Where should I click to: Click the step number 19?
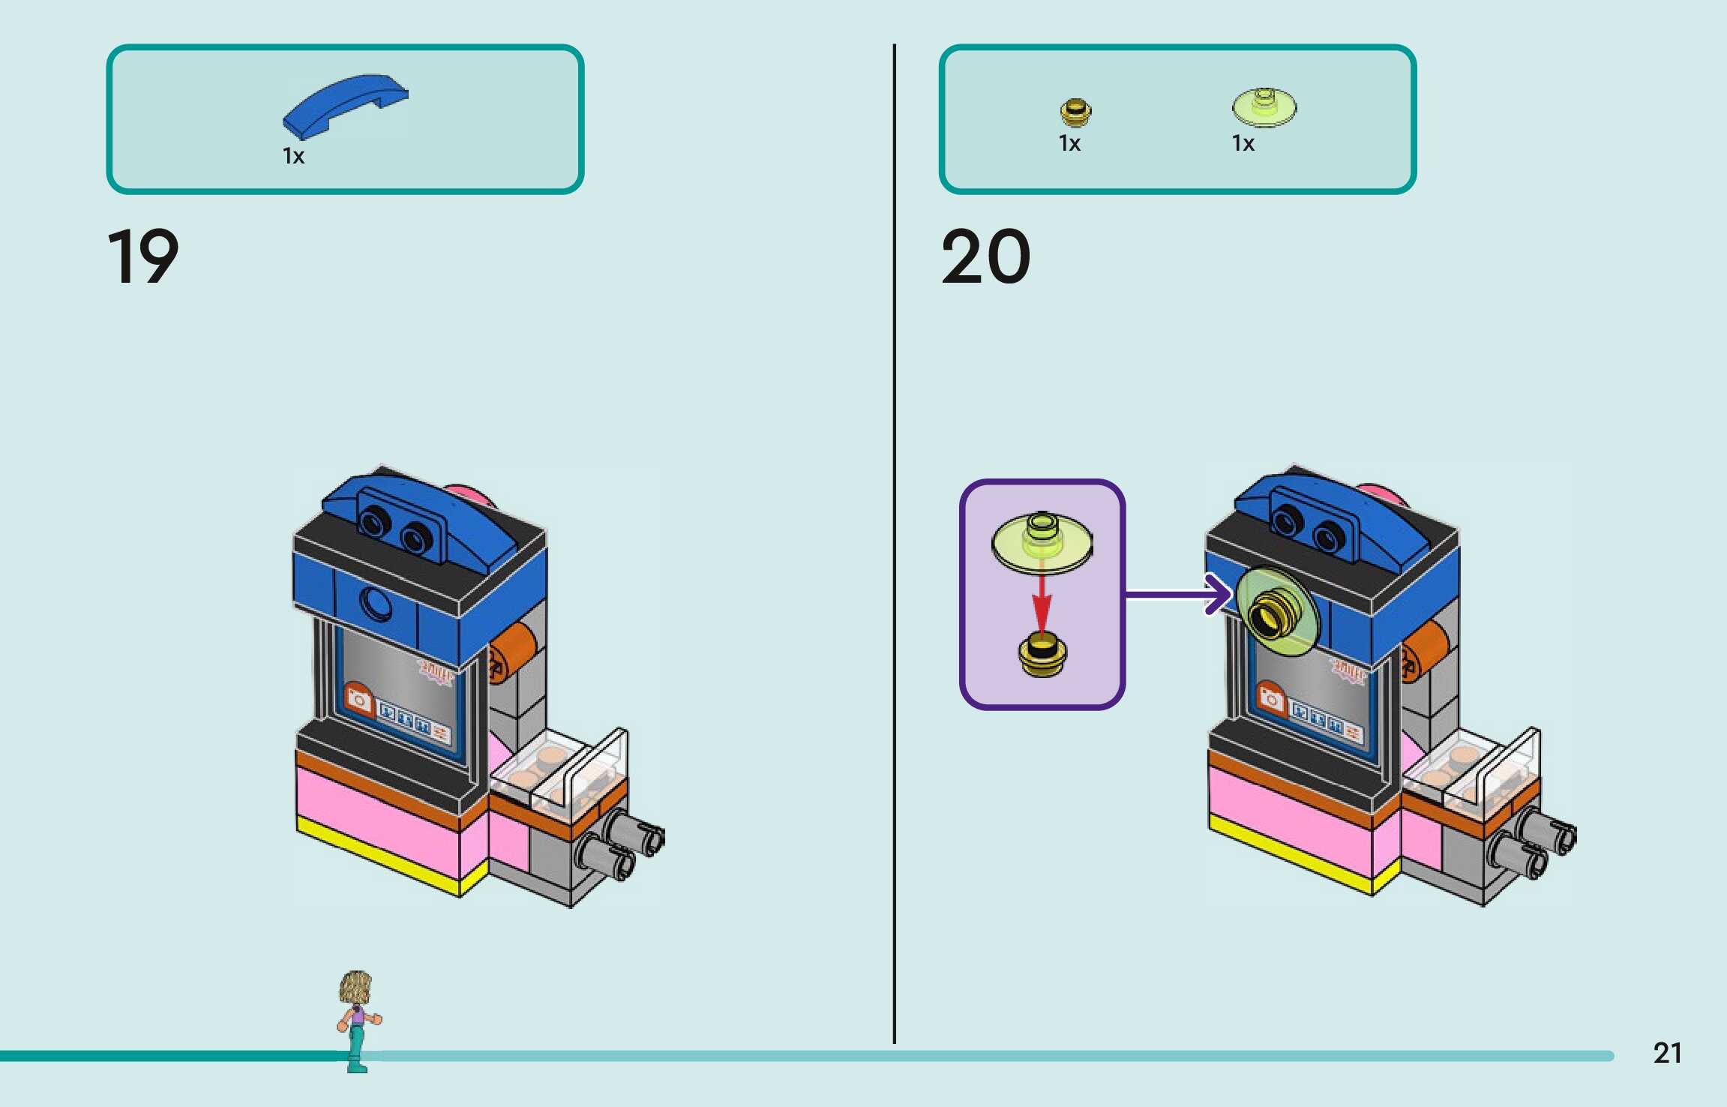[142, 257]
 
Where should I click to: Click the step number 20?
[985, 257]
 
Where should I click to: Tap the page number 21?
[1667, 1053]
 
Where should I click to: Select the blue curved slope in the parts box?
[345, 105]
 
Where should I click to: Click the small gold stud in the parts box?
[1075, 112]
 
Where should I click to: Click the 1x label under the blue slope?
[293, 156]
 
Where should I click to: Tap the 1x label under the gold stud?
[1069, 143]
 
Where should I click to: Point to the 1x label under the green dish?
[1243, 143]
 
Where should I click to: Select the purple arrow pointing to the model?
[1177, 595]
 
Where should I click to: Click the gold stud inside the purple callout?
[1041, 654]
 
